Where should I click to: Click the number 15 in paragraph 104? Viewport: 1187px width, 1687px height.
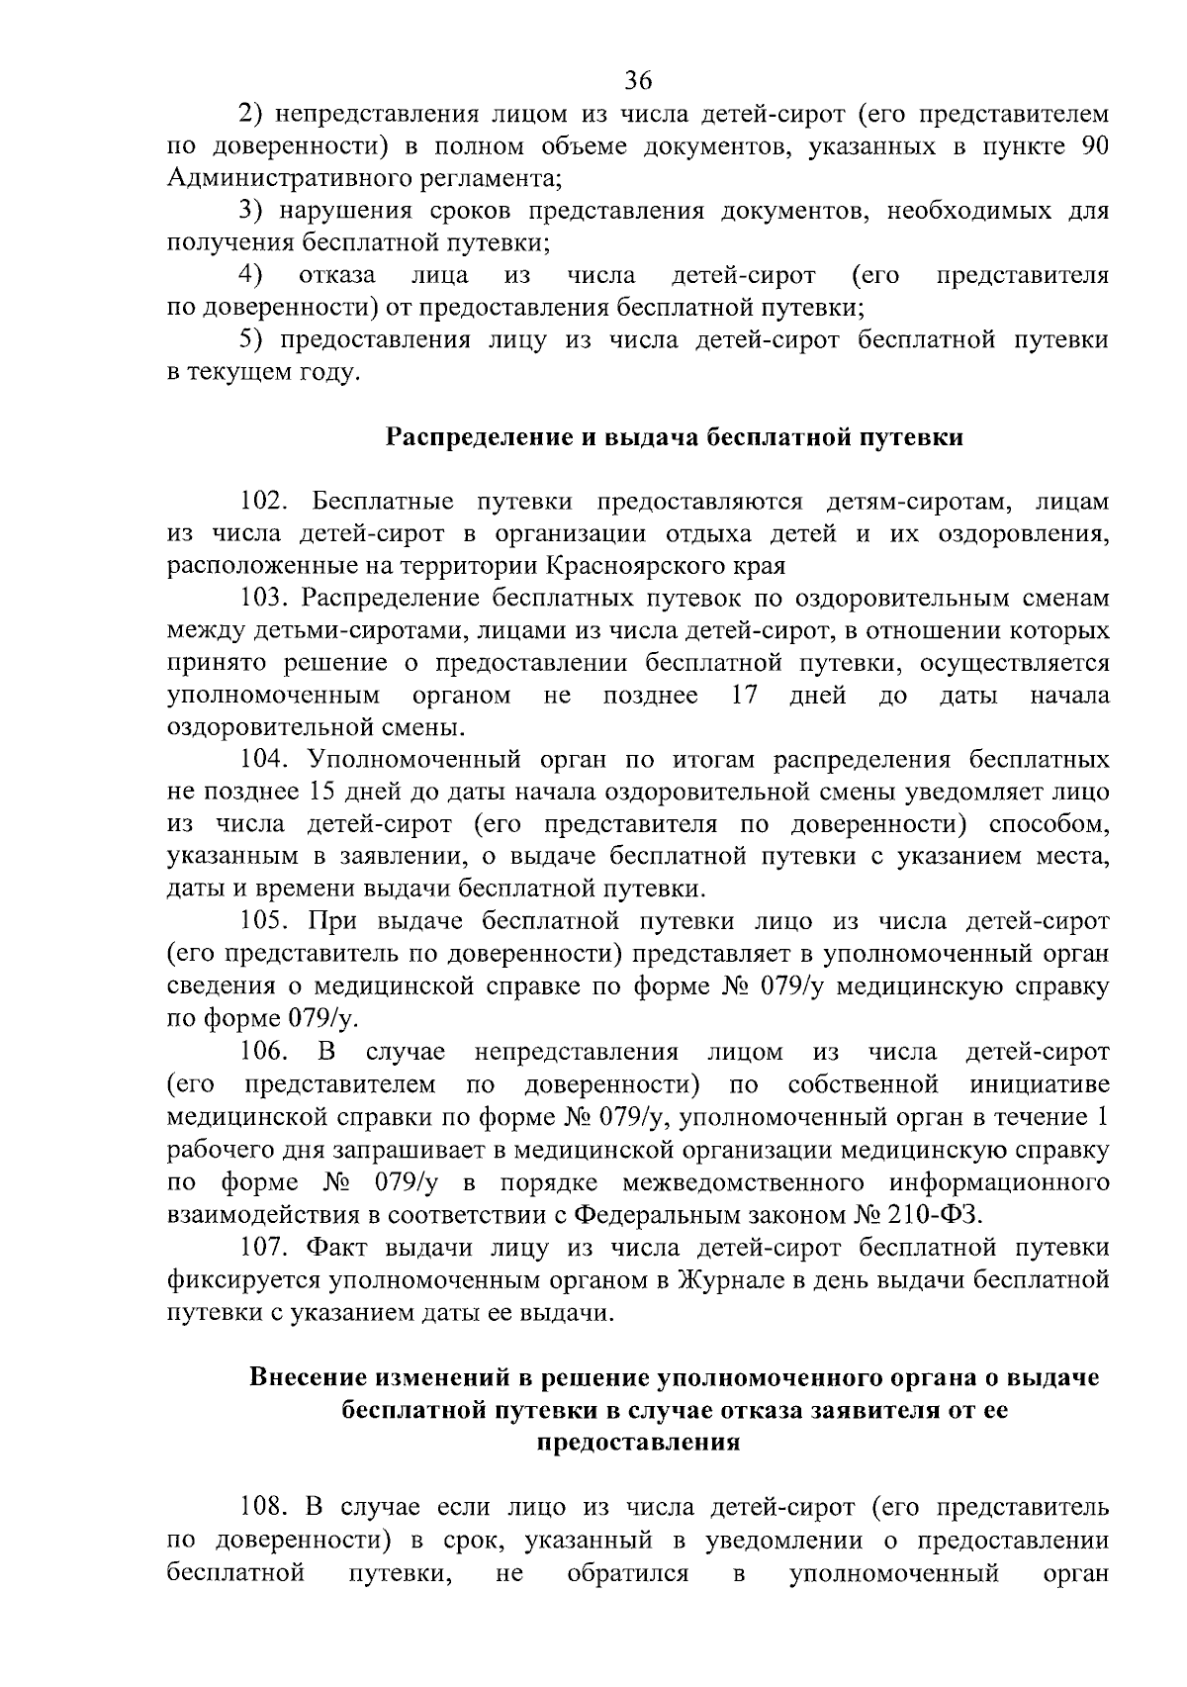coord(324,793)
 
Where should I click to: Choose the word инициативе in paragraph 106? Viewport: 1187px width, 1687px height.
coord(1040,1084)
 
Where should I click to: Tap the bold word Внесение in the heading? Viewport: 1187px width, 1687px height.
coord(311,1377)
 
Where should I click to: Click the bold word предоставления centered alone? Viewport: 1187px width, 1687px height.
coord(638,1442)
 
